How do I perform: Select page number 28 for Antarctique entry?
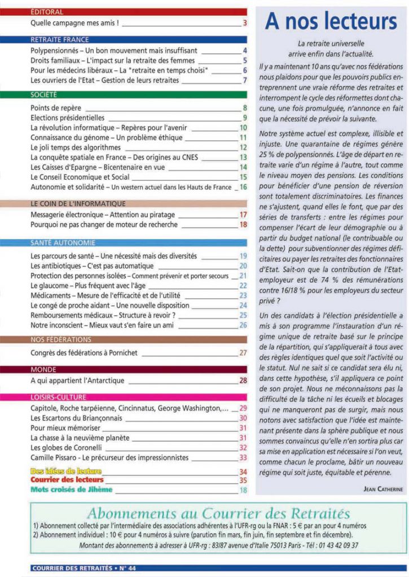(243, 381)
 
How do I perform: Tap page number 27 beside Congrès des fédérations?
(243, 353)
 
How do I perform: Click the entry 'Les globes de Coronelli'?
(69, 447)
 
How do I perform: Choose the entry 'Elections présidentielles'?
(67, 118)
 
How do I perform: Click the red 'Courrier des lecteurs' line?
(67, 480)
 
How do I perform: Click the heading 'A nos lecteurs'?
(331, 21)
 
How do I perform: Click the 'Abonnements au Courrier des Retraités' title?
(218, 514)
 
